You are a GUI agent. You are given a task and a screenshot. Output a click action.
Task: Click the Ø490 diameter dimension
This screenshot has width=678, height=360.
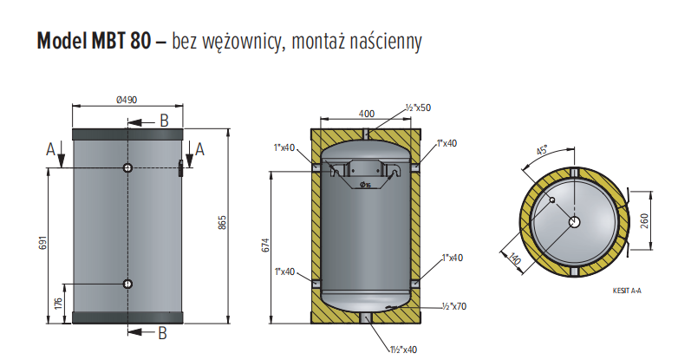pos(127,100)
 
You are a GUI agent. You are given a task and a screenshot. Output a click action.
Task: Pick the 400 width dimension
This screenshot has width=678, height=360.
pos(366,114)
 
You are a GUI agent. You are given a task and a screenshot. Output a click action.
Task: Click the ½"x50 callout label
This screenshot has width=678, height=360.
pos(418,108)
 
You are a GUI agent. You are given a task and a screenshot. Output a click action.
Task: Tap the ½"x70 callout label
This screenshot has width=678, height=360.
pos(455,306)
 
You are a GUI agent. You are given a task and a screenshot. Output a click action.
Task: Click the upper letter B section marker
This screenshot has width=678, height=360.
pos(163,121)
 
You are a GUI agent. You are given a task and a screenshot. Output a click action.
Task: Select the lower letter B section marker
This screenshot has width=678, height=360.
pos(163,331)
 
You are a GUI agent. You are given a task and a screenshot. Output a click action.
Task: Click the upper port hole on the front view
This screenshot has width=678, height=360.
pos(127,167)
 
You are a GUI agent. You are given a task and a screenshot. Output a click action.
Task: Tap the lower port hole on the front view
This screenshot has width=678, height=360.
pos(127,284)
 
